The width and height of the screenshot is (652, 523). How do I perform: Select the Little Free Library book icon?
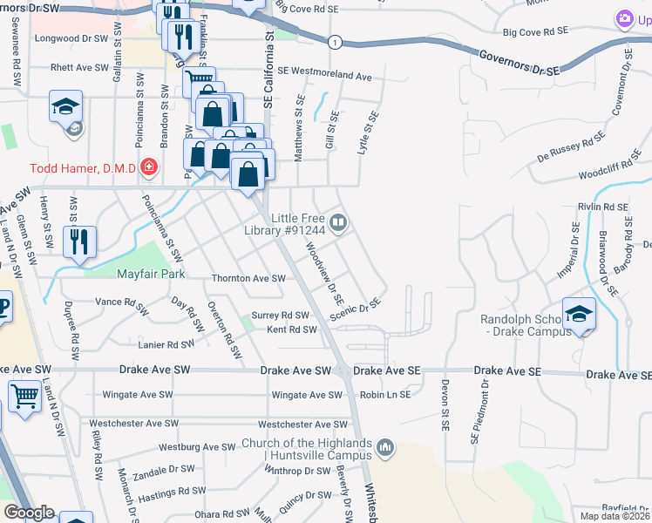(337, 223)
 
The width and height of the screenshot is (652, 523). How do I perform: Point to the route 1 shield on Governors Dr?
(334, 42)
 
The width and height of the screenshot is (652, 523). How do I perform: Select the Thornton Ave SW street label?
(248, 279)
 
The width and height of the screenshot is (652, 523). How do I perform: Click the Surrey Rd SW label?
(280, 316)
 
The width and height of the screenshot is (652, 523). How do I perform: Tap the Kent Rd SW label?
(291, 329)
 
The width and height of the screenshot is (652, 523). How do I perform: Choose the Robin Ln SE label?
(385, 395)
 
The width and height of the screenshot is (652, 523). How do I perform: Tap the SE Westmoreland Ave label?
(324, 76)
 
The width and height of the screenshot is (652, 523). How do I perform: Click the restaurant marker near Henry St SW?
(80, 242)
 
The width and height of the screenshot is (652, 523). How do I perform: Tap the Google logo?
(29, 513)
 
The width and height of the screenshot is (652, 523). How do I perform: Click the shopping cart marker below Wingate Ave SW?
(24, 397)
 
